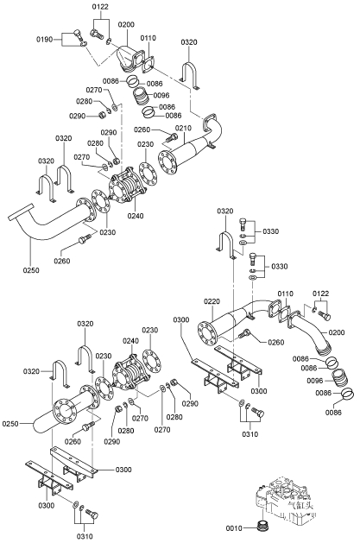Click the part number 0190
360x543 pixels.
[x=45, y=39]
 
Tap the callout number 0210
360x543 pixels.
[x=183, y=128]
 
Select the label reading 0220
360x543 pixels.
[x=212, y=301]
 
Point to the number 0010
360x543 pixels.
[x=234, y=528]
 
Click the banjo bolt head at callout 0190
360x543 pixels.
[x=79, y=34]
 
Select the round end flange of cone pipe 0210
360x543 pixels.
[x=166, y=163]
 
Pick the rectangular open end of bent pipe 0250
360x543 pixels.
[x=21, y=212]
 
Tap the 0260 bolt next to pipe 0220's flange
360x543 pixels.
[x=244, y=333]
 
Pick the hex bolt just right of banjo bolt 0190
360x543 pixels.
[x=97, y=34]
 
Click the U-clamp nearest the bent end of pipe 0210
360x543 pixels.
[x=190, y=75]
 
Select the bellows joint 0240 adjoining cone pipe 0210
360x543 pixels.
[x=126, y=186]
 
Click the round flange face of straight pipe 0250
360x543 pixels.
[x=64, y=412]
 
